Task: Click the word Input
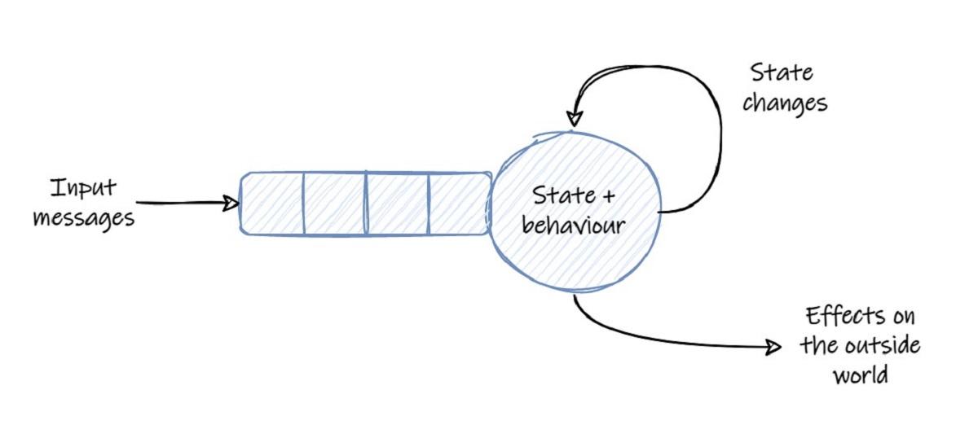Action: [x=84, y=189]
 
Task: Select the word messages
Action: [x=84, y=218]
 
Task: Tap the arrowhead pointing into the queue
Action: [x=231, y=203]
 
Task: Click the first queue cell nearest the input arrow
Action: [x=272, y=203]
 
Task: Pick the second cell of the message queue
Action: [x=334, y=203]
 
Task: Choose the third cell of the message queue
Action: [x=397, y=203]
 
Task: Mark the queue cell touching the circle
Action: [x=459, y=203]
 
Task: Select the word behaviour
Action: [x=574, y=224]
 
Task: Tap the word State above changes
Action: [x=782, y=72]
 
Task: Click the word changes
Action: [x=784, y=104]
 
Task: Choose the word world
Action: [x=860, y=375]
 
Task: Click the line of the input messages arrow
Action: [x=179, y=203]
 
